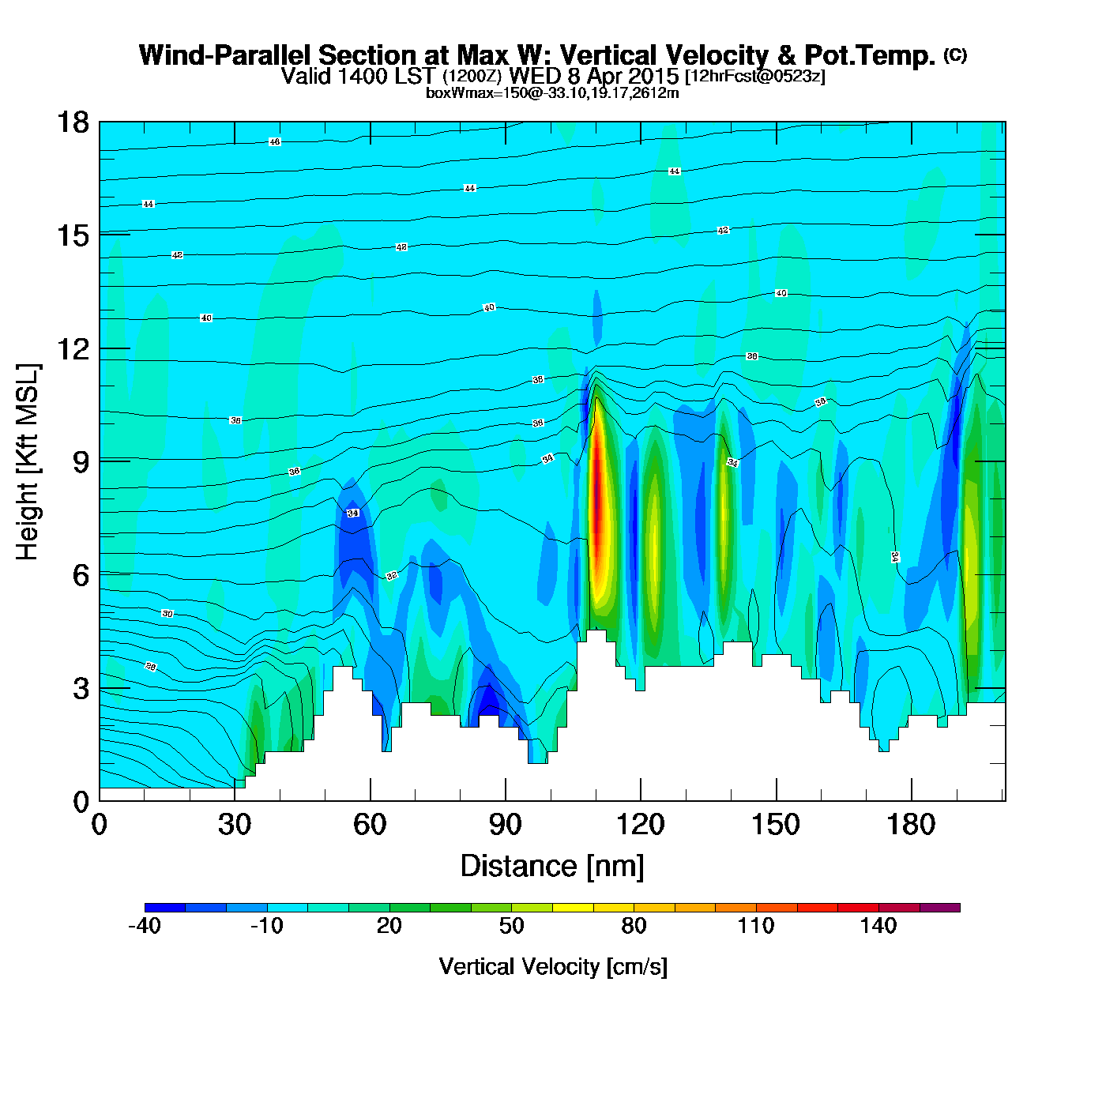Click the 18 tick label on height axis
(x=72, y=122)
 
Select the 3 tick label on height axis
(x=81, y=689)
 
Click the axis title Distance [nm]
(x=552, y=867)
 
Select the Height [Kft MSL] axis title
(x=28, y=462)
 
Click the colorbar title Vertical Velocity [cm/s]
(x=553, y=967)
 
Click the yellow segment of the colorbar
(x=573, y=908)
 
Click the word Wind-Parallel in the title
(x=226, y=56)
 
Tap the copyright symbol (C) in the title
(x=955, y=55)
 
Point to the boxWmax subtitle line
(x=552, y=93)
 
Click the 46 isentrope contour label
(x=274, y=142)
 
